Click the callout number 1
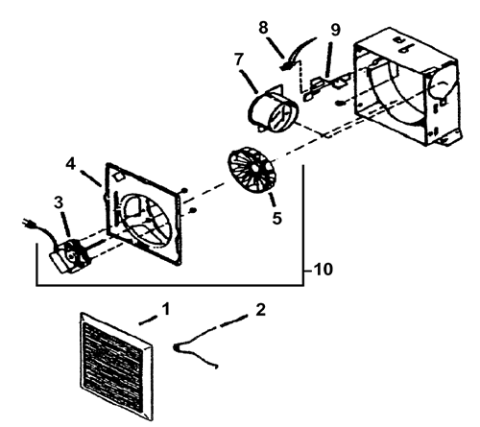[x=166, y=309]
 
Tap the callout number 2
[x=261, y=310]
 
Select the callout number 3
[x=59, y=202]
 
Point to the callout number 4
[x=71, y=164]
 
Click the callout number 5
[x=277, y=218]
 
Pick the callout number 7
[x=239, y=59]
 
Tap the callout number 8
[x=263, y=28]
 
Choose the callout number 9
[x=335, y=30]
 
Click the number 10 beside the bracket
[x=324, y=270]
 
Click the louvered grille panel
[x=116, y=366]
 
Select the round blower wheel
[x=252, y=170]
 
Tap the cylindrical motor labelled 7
[x=274, y=109]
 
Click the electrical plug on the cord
[x=28, y=224]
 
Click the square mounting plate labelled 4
[x=143, y=214]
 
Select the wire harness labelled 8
[x=298, y=53]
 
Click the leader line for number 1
[x=148, y=320]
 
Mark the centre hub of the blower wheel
[x=254, y=169]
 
